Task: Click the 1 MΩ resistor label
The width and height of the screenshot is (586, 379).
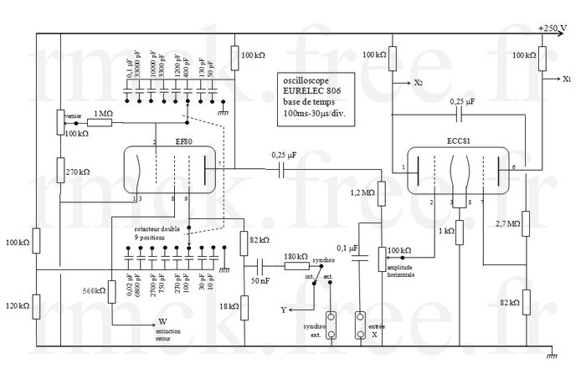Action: tap(103, 111)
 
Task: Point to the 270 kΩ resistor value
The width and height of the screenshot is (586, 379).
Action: tap(78, 172)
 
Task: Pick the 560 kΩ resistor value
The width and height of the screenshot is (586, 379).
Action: tap(93, 292)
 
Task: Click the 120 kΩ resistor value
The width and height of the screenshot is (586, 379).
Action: tap(17, 306)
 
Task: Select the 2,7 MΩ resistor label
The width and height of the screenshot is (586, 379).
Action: tap(508, 224)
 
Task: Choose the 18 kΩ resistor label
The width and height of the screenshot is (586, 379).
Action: tap(228, 307)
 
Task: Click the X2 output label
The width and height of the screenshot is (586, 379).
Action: tap(418, 84)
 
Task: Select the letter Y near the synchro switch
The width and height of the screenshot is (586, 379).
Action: tap(284, 310)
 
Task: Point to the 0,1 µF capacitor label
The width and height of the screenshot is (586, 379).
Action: tap(347, 248)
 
